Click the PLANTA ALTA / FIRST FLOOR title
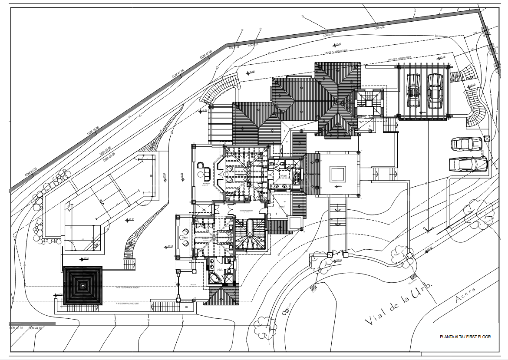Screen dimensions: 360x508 pyautogui.click(x=465, y=337)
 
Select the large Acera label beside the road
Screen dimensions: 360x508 pyautogui.click(x=465, y=294)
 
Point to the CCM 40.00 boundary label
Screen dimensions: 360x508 pyautogui.click(x=92, y=131)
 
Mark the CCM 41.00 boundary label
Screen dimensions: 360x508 pyautogui.click(x=178, y=73)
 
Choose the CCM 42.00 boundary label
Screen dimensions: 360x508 pyautogui.click(x=206, y=55)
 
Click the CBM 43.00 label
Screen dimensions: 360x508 pyautogui.click(x=105, y=151)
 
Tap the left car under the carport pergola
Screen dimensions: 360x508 pyautogui.click(x=413, y=90)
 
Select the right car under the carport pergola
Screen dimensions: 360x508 pyautogui.click(x=434, y=90)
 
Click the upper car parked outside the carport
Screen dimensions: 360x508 pyautogui.click(x=467, y=143)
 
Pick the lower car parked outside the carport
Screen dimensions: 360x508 pyautogui.click(x=468, y=164)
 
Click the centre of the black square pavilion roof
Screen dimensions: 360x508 pyautogui.click(x=82, y=286)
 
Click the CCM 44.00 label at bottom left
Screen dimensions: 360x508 pyautogui.click(x=36, y=328)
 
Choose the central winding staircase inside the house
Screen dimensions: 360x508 pyautogui.click(x=251, y=234)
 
